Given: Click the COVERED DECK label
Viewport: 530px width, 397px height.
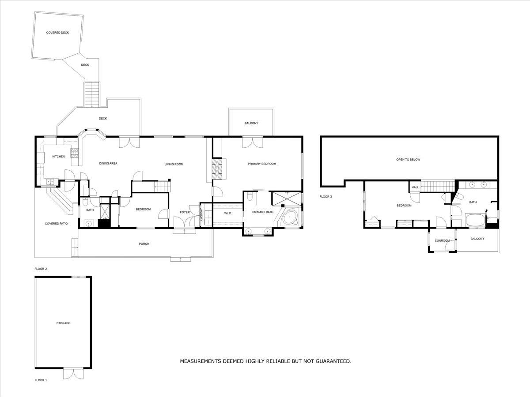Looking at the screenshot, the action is coord(57,33).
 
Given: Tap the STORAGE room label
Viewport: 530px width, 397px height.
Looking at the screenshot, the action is coord(63,323).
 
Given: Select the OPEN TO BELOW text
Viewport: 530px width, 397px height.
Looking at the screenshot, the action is coord(408,160).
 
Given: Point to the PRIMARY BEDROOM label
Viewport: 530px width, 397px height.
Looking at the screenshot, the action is coord(262,164).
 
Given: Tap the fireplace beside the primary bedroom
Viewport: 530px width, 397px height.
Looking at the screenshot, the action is coord(217,169).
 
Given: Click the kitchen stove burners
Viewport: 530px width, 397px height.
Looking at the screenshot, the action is coord(74,153).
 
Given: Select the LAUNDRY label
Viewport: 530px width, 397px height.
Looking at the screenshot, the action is coord(201,214).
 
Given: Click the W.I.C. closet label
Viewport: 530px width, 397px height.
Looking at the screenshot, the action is coord(228,213).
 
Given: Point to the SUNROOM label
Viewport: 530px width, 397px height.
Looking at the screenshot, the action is coord(442,240).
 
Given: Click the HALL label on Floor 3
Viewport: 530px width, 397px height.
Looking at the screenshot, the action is coord(415,187).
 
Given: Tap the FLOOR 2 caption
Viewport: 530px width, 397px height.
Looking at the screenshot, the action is coord(41,269).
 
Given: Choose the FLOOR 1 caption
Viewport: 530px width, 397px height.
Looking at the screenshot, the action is coord(41,380).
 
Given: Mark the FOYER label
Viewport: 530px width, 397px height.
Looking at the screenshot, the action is coord(185,212).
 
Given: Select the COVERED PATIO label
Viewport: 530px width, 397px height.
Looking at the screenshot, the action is coord(56,224).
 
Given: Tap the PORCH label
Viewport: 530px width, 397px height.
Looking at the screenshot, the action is coord(144,244).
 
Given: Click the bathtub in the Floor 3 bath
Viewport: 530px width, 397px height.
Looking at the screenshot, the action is coord(475,220).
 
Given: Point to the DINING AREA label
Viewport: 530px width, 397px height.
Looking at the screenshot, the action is coord(108,163).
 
